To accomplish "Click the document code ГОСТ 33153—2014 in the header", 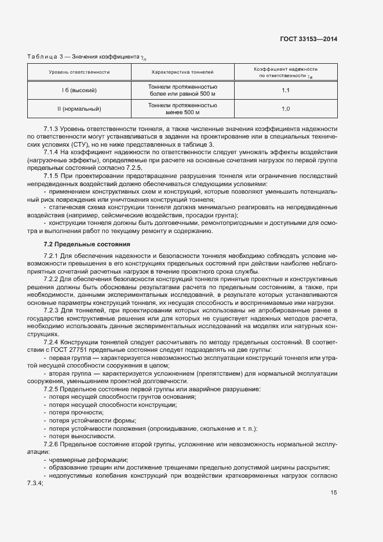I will [308, 39].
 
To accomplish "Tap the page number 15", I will [334, 493].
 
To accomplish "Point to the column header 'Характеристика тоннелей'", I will [183, 72].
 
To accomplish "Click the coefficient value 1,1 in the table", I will [286, 90].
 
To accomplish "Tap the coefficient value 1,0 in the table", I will [286, 108].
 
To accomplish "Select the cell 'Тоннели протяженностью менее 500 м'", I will [183, 108].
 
